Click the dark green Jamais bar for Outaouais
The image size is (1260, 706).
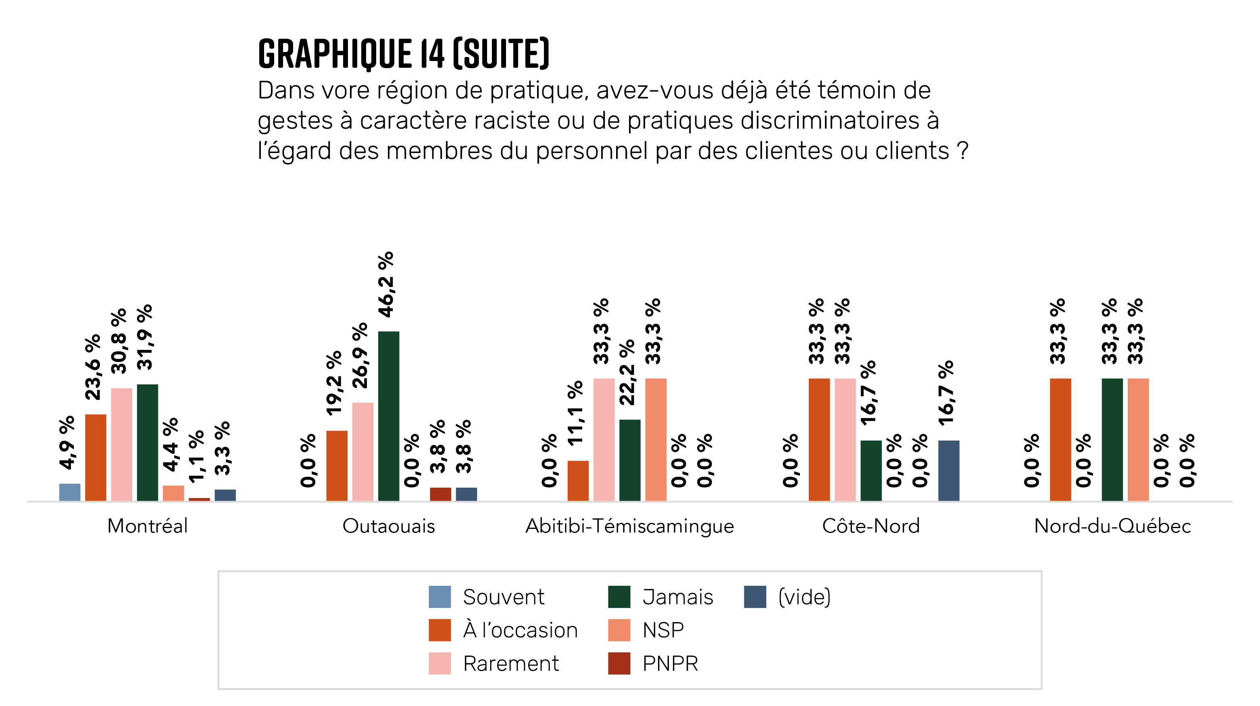388,416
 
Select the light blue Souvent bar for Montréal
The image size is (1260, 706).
69,492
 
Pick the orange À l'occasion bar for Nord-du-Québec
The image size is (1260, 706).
1060,439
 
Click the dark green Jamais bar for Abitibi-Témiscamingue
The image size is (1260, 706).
629,460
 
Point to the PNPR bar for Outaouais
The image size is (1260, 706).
440,494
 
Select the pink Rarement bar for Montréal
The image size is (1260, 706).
121,444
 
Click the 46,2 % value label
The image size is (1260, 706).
386,284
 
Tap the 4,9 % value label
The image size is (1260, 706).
67,442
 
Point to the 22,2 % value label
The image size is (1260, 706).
627,372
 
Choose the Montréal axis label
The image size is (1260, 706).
147,526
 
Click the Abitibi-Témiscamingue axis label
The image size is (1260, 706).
629,526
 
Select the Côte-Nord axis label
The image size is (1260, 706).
871,526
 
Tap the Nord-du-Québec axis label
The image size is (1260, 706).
1112,526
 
